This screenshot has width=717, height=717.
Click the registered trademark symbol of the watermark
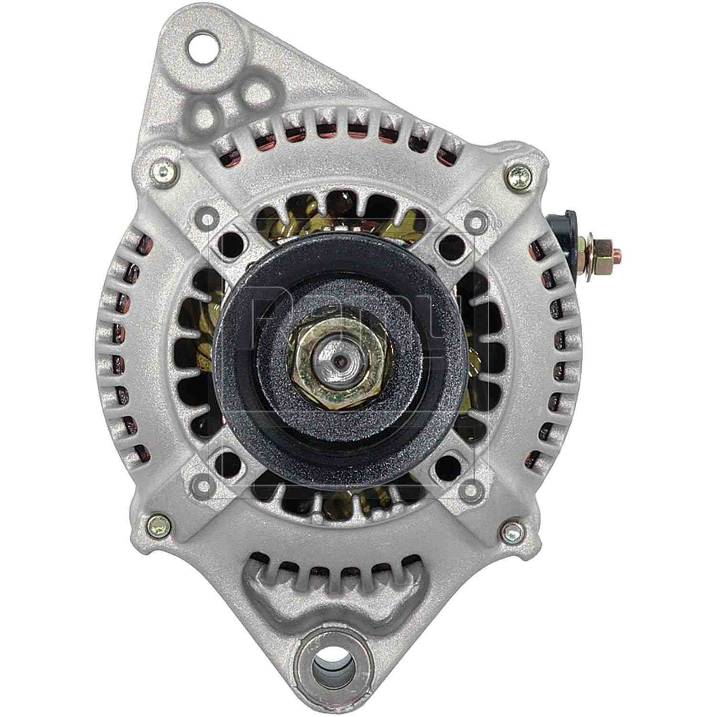496,223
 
